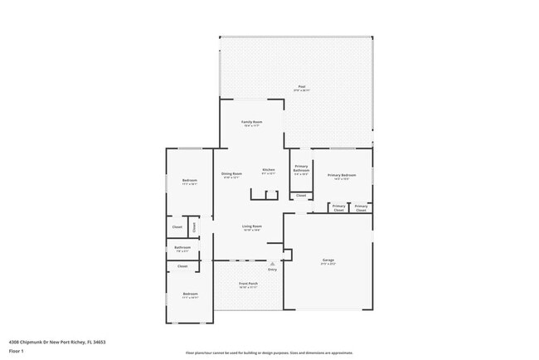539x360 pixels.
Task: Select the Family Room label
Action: (251, 122)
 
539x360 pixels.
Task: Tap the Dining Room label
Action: (231, 173)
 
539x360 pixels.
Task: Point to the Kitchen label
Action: (269, 170)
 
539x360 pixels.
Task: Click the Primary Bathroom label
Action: (301, 168)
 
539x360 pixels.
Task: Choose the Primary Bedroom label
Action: (342, 175)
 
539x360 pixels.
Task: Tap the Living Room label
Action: (252, 227)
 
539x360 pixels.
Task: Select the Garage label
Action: (328, 260)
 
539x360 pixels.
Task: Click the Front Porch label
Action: (248, 284)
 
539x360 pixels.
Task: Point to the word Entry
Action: (272, 270)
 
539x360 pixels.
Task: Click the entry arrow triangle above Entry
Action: (272, 264)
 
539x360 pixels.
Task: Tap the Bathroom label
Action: (182, 247)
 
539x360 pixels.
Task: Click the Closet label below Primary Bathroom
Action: (301, 196)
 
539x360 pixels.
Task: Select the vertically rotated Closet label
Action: (194, 226)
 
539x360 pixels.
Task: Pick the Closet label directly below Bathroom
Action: (182, 266)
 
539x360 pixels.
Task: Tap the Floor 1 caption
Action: (17, 351)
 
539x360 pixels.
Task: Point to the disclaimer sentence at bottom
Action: (269, 353)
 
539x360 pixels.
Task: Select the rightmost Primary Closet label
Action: (361, 208)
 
